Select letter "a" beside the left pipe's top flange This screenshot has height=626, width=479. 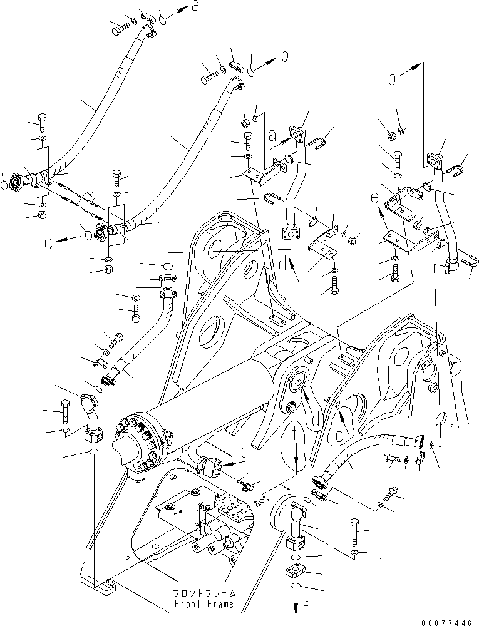pos(272,134)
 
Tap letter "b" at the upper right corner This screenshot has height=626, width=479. pos(392,79)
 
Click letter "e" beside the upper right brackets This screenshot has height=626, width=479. pos(374,197)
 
